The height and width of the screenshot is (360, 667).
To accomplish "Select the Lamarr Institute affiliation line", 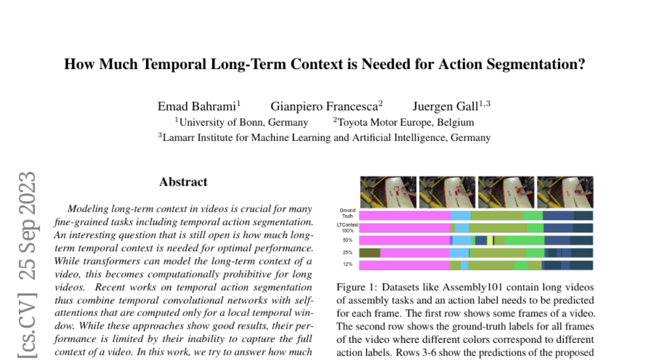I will [325, 137].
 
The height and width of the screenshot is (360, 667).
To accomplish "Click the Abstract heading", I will [183, 182].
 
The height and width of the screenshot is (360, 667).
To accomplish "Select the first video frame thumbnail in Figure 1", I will [388, 192].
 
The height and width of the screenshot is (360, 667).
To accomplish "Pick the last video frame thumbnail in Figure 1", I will [565, 192].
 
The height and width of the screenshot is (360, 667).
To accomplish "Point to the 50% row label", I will [348, 241].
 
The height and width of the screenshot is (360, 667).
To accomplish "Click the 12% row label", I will [348, 264].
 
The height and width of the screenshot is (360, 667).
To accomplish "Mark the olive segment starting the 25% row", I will [370, 253].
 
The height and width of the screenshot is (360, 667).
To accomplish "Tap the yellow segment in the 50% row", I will [490, 241].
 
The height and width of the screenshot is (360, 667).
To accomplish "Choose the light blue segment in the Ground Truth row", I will [460, 216].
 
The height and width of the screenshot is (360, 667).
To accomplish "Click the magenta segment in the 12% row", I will [404, 265].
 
